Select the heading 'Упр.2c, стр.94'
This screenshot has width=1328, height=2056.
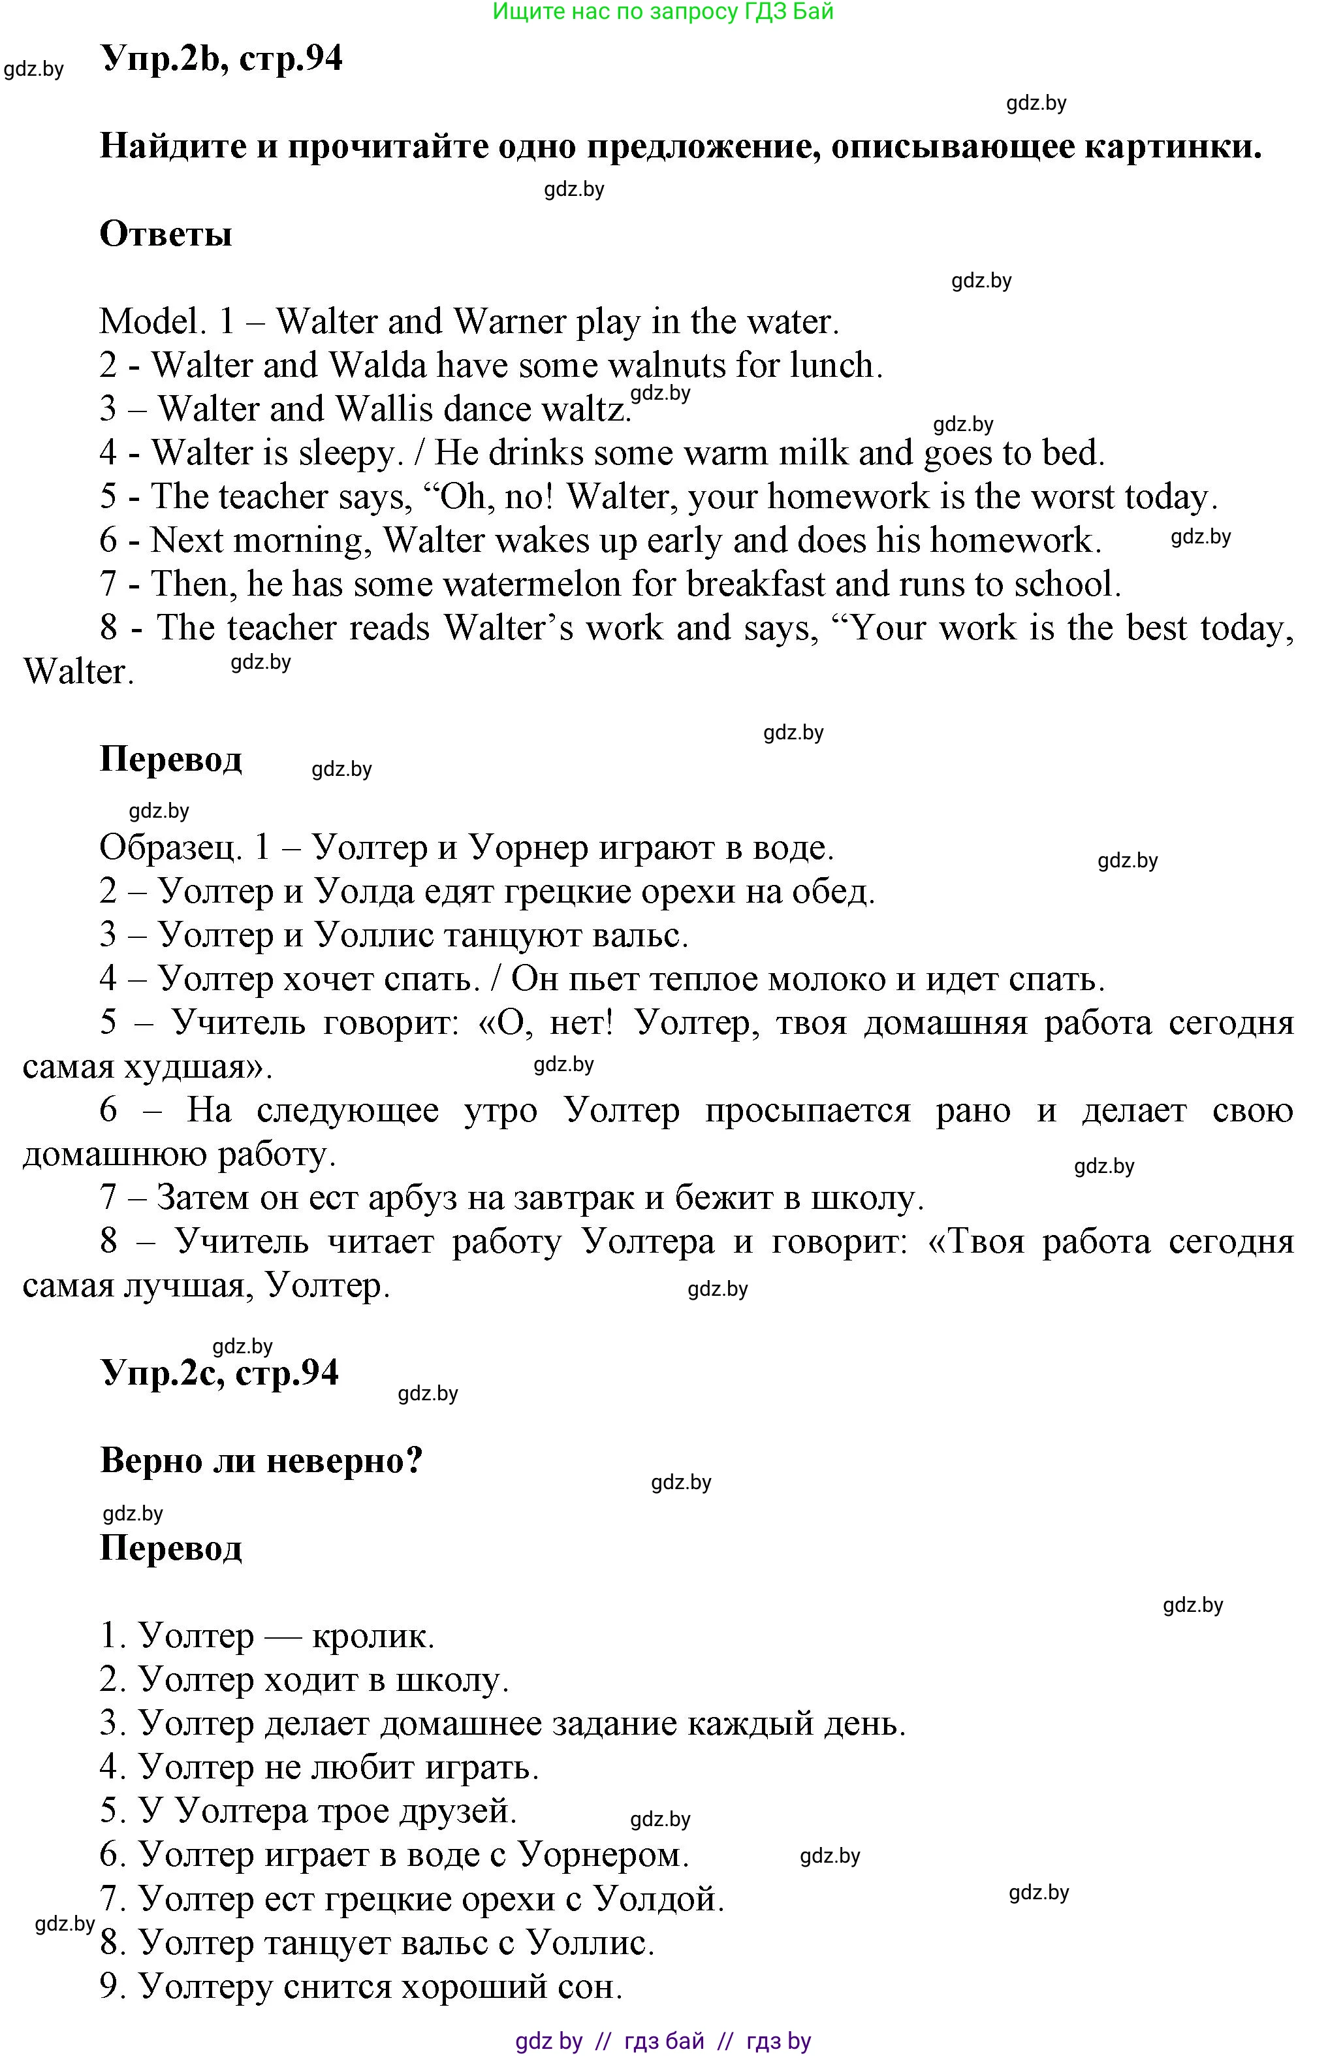click(220, 1373)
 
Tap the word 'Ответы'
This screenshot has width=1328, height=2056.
click(166, 234)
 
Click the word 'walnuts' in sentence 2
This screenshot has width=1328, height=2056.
click(667, 366)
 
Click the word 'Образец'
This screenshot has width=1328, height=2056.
click(169, 848)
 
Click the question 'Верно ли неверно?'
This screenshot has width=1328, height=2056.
click(261, 1461)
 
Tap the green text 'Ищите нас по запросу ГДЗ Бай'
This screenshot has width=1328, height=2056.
click(663, 11)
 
